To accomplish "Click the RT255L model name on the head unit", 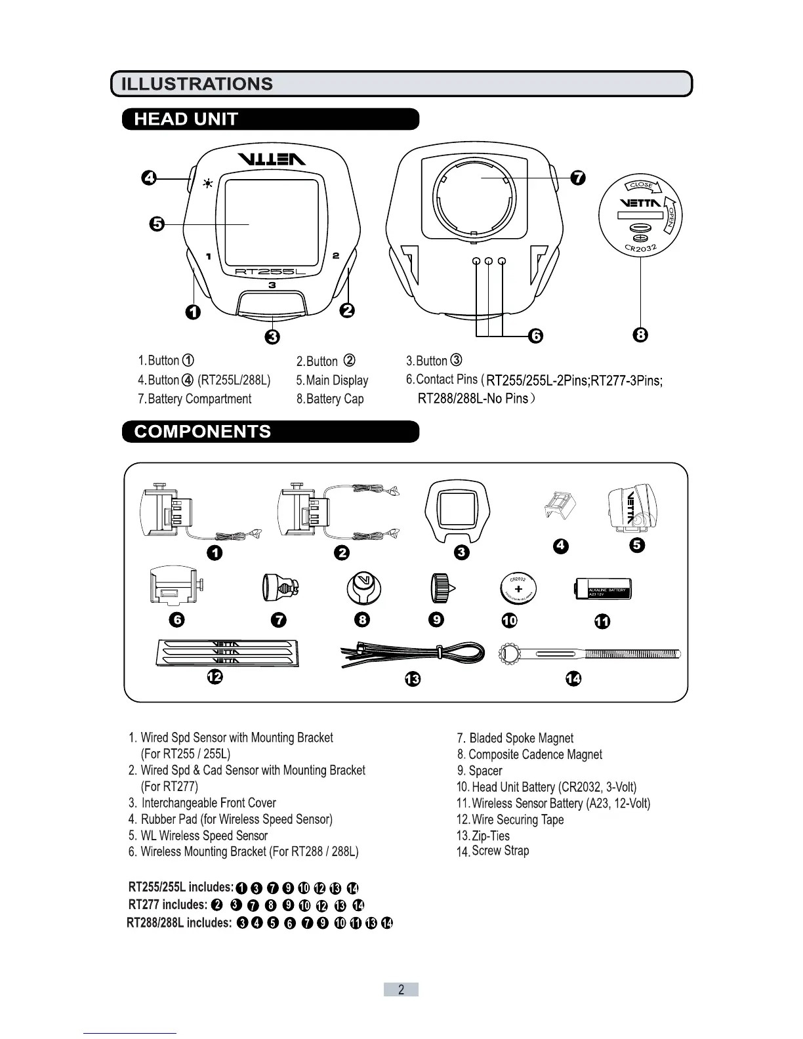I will point(271,272).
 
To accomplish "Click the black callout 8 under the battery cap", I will point(641,335).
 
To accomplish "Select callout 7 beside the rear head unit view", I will point(577,178).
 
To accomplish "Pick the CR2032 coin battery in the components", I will point(518,588).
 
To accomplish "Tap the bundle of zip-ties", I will point(413,654).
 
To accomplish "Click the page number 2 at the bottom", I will point(401,990).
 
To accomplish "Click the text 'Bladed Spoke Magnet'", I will point(521,738).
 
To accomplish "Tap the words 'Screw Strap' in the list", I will point(500,851).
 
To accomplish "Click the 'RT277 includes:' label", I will point(167,905).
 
